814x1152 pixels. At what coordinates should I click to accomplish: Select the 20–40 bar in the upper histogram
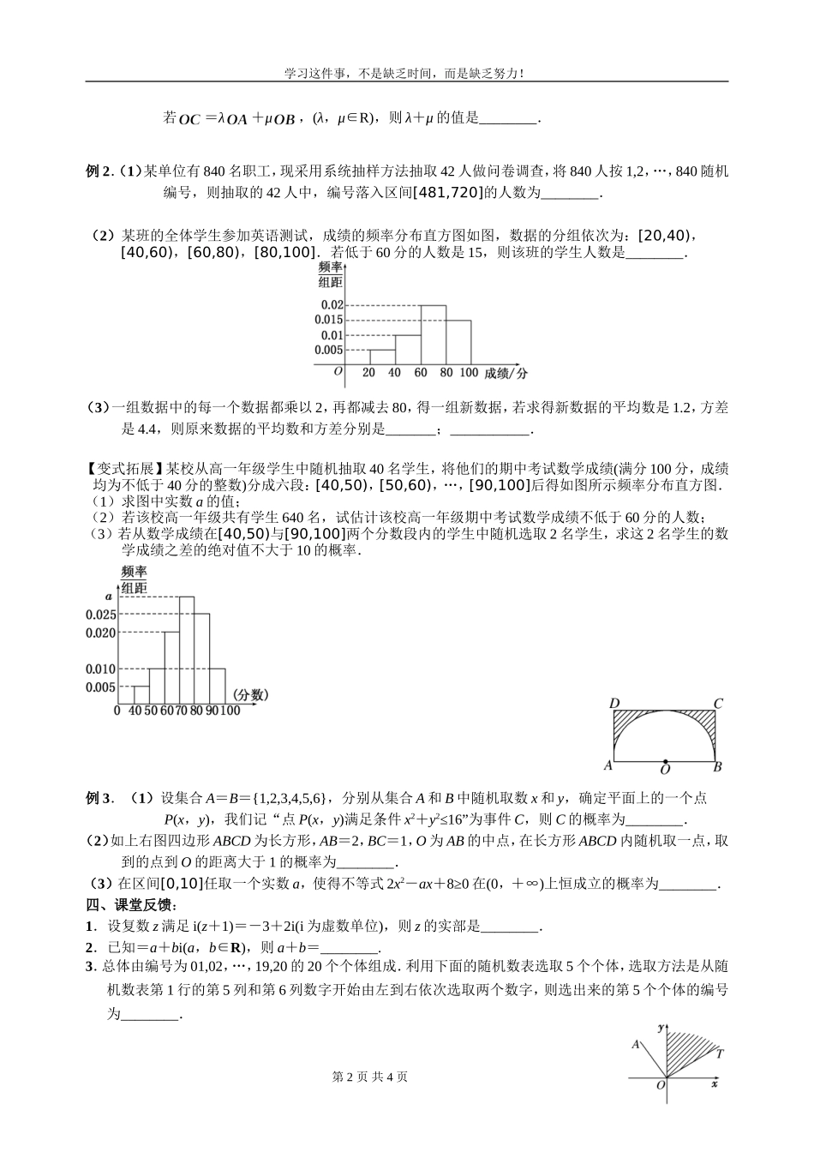[382, 357]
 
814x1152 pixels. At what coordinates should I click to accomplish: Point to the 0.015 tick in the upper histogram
[332, 320]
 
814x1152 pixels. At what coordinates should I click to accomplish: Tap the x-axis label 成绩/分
[506, 373]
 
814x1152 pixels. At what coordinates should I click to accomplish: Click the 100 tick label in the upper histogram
[468, 373]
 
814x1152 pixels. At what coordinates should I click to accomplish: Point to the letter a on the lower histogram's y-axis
[109, 595]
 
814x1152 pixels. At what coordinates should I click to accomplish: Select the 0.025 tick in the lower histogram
[100, 615]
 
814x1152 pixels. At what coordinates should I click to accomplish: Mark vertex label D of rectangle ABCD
[614, 705]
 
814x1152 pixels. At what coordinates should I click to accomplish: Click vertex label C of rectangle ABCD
[718, 704]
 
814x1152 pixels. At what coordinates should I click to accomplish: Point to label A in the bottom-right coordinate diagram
[636, 1044]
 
